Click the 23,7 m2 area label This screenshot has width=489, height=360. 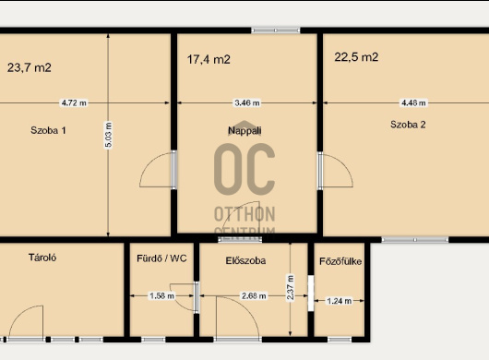pos(30,67)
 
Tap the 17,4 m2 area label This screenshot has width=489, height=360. pos(209,59)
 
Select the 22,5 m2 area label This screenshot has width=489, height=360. pos(356,57)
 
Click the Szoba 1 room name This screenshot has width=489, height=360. pos(48,130)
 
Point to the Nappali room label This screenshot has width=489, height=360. pos(244,130)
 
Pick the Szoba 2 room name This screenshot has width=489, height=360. pos(408,125)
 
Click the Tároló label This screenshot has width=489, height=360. pos(42,258)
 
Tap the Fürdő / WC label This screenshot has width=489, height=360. pos(161,258)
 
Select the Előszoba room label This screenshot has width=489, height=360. pos(245,260)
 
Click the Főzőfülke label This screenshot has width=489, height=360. pos(340,261)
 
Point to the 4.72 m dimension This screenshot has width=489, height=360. pos(74,102)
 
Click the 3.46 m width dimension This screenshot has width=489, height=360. pos(247,102)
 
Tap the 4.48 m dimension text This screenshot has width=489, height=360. pos(413,102)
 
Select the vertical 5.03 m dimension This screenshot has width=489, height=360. pos(108,135)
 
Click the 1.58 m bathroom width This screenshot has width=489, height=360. pos(161,295)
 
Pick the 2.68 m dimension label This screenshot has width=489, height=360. pos(254,295)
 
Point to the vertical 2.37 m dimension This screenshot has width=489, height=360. pos(291,287)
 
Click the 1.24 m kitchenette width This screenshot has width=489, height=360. pos(339,301)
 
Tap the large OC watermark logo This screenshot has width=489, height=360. pos(244,169)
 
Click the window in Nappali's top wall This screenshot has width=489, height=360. pos(276,30)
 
